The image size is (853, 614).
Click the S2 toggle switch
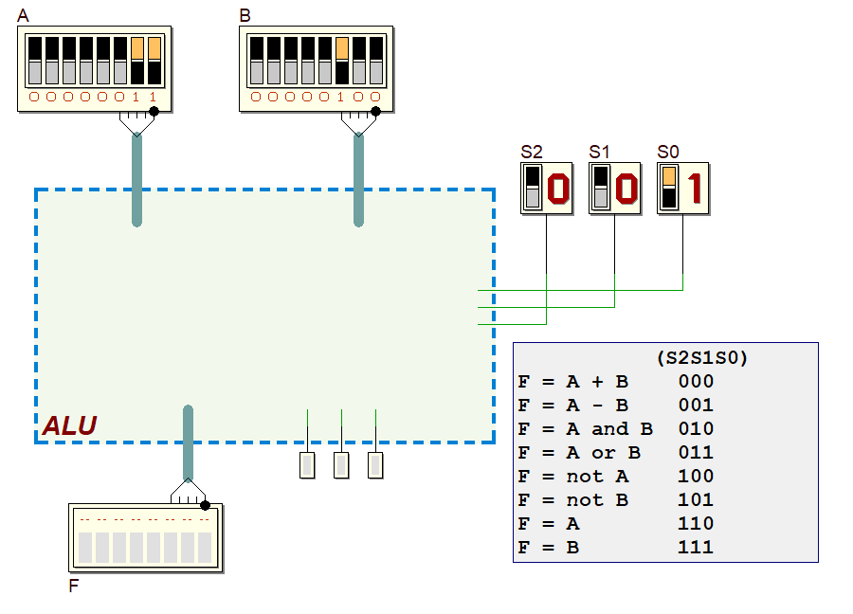533,188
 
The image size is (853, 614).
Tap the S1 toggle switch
601,188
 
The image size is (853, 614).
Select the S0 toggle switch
669,188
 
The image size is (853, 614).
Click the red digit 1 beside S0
695,189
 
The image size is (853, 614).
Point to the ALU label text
69,425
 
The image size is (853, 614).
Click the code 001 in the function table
696,405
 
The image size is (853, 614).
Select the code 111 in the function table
696,547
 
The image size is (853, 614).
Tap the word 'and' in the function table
609,428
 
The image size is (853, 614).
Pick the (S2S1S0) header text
701,358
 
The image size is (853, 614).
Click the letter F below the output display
74,586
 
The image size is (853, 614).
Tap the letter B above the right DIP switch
245,16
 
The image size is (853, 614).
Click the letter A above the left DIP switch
23,16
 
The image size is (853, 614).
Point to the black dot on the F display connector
205,505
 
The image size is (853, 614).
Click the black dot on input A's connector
154,112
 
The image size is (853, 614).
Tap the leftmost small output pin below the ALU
307,465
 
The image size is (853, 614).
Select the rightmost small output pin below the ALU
375,465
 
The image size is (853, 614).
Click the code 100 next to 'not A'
696,476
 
